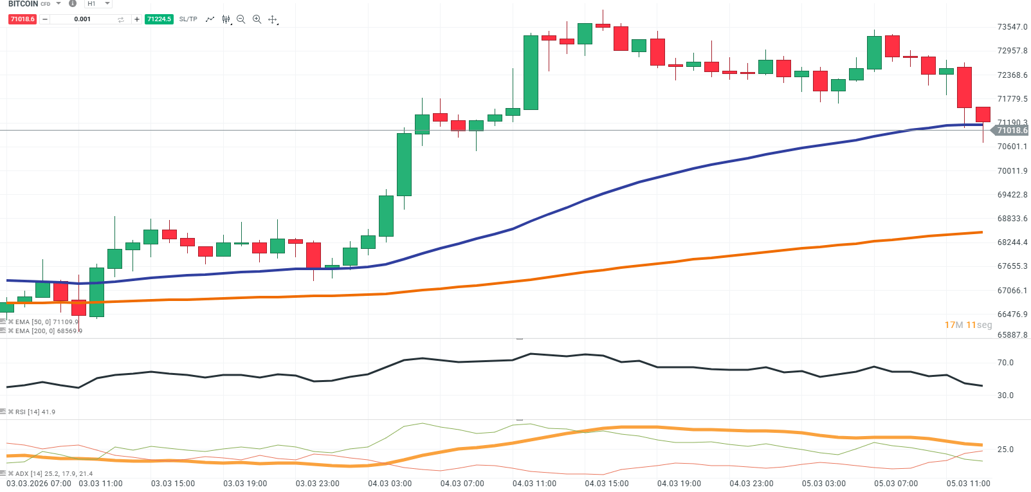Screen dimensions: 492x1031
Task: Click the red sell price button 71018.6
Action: (23, 19)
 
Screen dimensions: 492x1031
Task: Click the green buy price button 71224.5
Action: (159, 19)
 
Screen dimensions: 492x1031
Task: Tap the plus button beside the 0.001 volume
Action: (136, 19)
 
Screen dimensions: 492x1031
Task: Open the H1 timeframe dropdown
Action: (98, 4)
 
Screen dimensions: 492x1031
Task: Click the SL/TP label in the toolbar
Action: (188, 19)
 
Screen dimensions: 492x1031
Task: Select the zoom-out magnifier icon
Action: (241, 19)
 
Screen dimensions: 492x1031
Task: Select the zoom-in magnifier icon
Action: (257, 19)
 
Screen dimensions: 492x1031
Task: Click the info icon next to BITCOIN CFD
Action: (73, 4)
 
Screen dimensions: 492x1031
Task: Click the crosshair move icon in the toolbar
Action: (273, 19)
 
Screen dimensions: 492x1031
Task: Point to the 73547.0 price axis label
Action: (1012, 27)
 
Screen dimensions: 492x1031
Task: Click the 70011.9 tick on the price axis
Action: (1012, 171)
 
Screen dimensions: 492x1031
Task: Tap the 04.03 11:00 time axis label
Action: (534, 484)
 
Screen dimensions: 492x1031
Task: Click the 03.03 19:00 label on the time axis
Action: (245, 484)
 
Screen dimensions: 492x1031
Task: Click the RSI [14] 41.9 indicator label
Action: (35, 412)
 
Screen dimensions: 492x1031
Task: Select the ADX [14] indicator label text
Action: (54, 474)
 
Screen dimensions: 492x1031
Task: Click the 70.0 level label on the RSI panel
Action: (1005, 363)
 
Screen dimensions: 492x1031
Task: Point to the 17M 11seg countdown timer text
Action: (968, 325)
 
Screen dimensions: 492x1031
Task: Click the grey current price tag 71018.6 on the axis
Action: (1012, 131)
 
